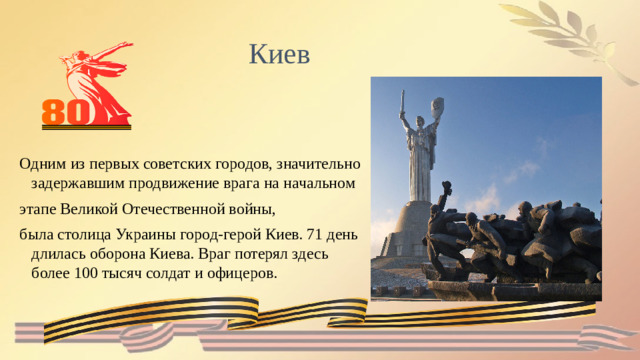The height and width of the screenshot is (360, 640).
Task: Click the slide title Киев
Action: (280, 52)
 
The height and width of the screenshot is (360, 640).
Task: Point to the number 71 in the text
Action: (315, 235)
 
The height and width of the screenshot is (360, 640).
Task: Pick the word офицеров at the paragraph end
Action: (244, 273)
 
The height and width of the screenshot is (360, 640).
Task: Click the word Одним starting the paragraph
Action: (39, 162)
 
